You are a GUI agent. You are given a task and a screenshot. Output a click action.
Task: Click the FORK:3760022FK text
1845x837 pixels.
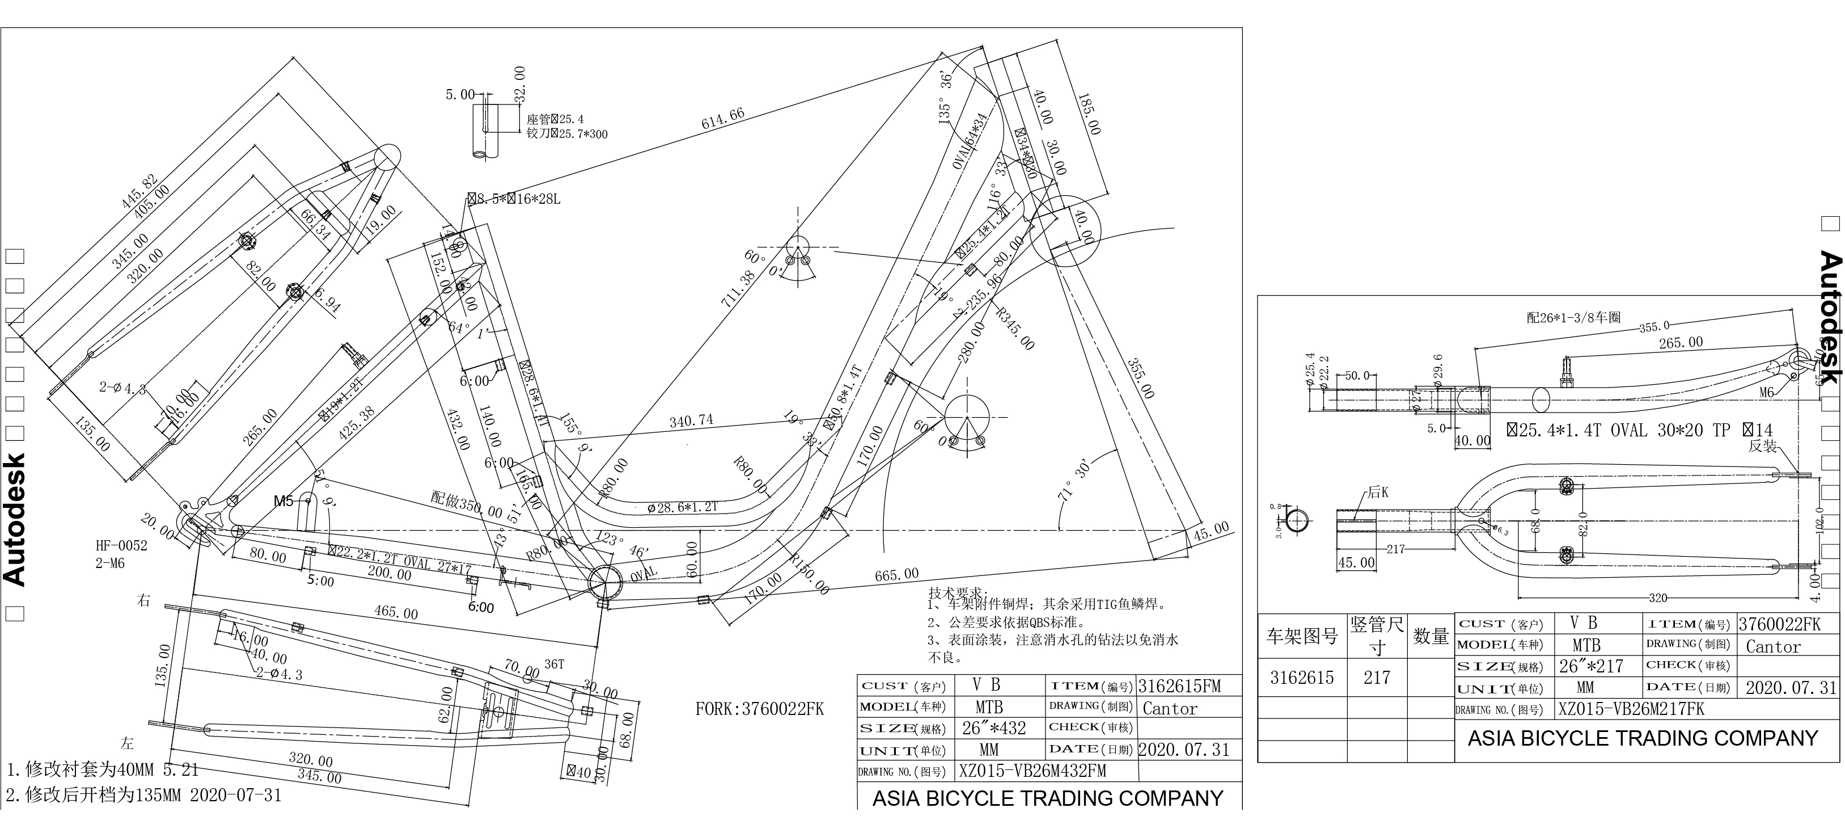759,709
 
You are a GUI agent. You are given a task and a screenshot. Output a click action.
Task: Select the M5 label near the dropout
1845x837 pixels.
283,501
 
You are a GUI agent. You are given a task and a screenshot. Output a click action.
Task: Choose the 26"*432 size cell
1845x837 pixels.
993,728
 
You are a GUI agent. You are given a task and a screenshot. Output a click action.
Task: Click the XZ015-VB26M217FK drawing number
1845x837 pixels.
1631,709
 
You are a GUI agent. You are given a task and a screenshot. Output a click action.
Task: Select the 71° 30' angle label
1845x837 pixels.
1074,480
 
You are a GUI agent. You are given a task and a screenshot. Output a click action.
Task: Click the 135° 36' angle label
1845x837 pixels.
946,98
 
